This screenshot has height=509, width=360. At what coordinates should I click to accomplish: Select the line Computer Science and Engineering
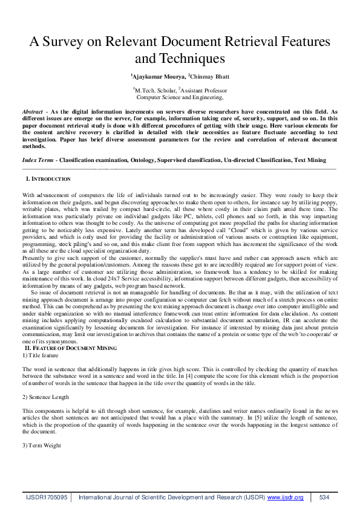[180, 96]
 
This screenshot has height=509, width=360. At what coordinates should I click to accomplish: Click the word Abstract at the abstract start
[32, 112]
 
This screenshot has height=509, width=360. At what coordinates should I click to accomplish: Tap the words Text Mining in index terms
[310, 160]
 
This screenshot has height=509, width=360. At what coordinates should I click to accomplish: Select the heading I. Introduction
[48, 180]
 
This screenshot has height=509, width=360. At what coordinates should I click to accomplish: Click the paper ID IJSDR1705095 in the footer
[47, 497]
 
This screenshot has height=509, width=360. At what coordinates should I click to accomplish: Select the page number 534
[324, 497]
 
